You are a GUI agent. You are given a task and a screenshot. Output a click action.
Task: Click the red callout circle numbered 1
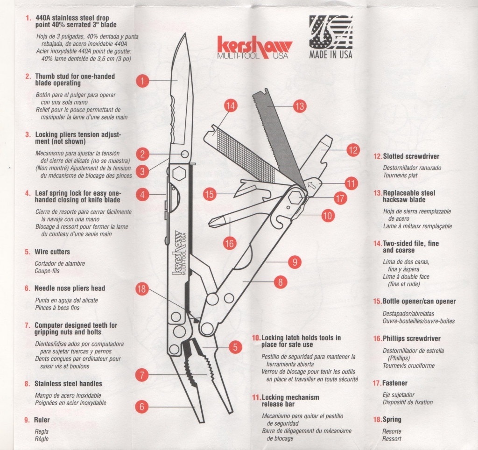click(142, 81)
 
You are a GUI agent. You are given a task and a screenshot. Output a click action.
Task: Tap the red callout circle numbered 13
click(300, 106)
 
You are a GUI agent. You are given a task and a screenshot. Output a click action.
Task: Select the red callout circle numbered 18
click(142, 288)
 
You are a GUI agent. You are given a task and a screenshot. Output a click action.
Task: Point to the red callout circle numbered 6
click(142, 407)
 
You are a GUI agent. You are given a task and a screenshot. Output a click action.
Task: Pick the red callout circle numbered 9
click(295, 262)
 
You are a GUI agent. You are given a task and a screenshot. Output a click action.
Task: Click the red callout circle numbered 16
click(230, 243)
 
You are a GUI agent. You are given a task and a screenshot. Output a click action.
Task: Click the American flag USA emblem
click(331, 32)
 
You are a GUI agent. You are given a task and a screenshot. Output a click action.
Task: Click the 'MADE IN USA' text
click(331, 55)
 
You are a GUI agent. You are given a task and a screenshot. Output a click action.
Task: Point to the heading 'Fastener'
click(395, 383)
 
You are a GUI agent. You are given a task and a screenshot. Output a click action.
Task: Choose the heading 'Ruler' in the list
click(42, 420)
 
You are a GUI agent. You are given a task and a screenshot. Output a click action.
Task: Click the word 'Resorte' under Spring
click(392, 431)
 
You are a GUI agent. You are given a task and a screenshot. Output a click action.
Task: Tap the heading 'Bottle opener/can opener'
click(419, 302)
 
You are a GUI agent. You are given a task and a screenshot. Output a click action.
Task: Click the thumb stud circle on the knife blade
click(185, 154)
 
